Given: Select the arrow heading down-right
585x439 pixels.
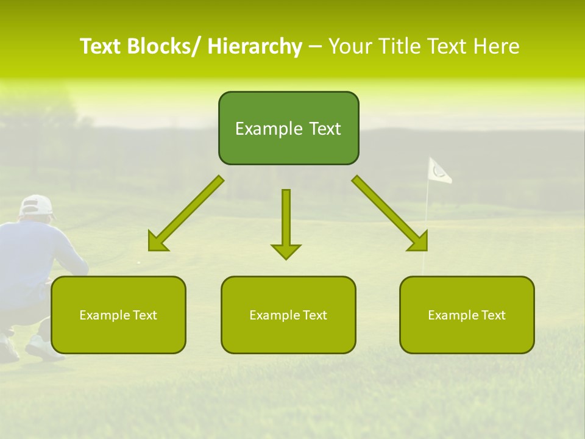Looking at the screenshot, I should [x=391, y=214].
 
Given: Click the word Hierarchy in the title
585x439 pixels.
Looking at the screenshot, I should [x=255, y=46].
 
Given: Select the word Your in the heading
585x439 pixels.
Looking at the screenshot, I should [x=351, y=46].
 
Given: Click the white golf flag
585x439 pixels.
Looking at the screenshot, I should [x=439, y=170].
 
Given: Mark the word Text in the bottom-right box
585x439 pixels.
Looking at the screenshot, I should [x=493, y=315].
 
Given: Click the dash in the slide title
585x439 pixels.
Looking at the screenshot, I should [x=315, y=46].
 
